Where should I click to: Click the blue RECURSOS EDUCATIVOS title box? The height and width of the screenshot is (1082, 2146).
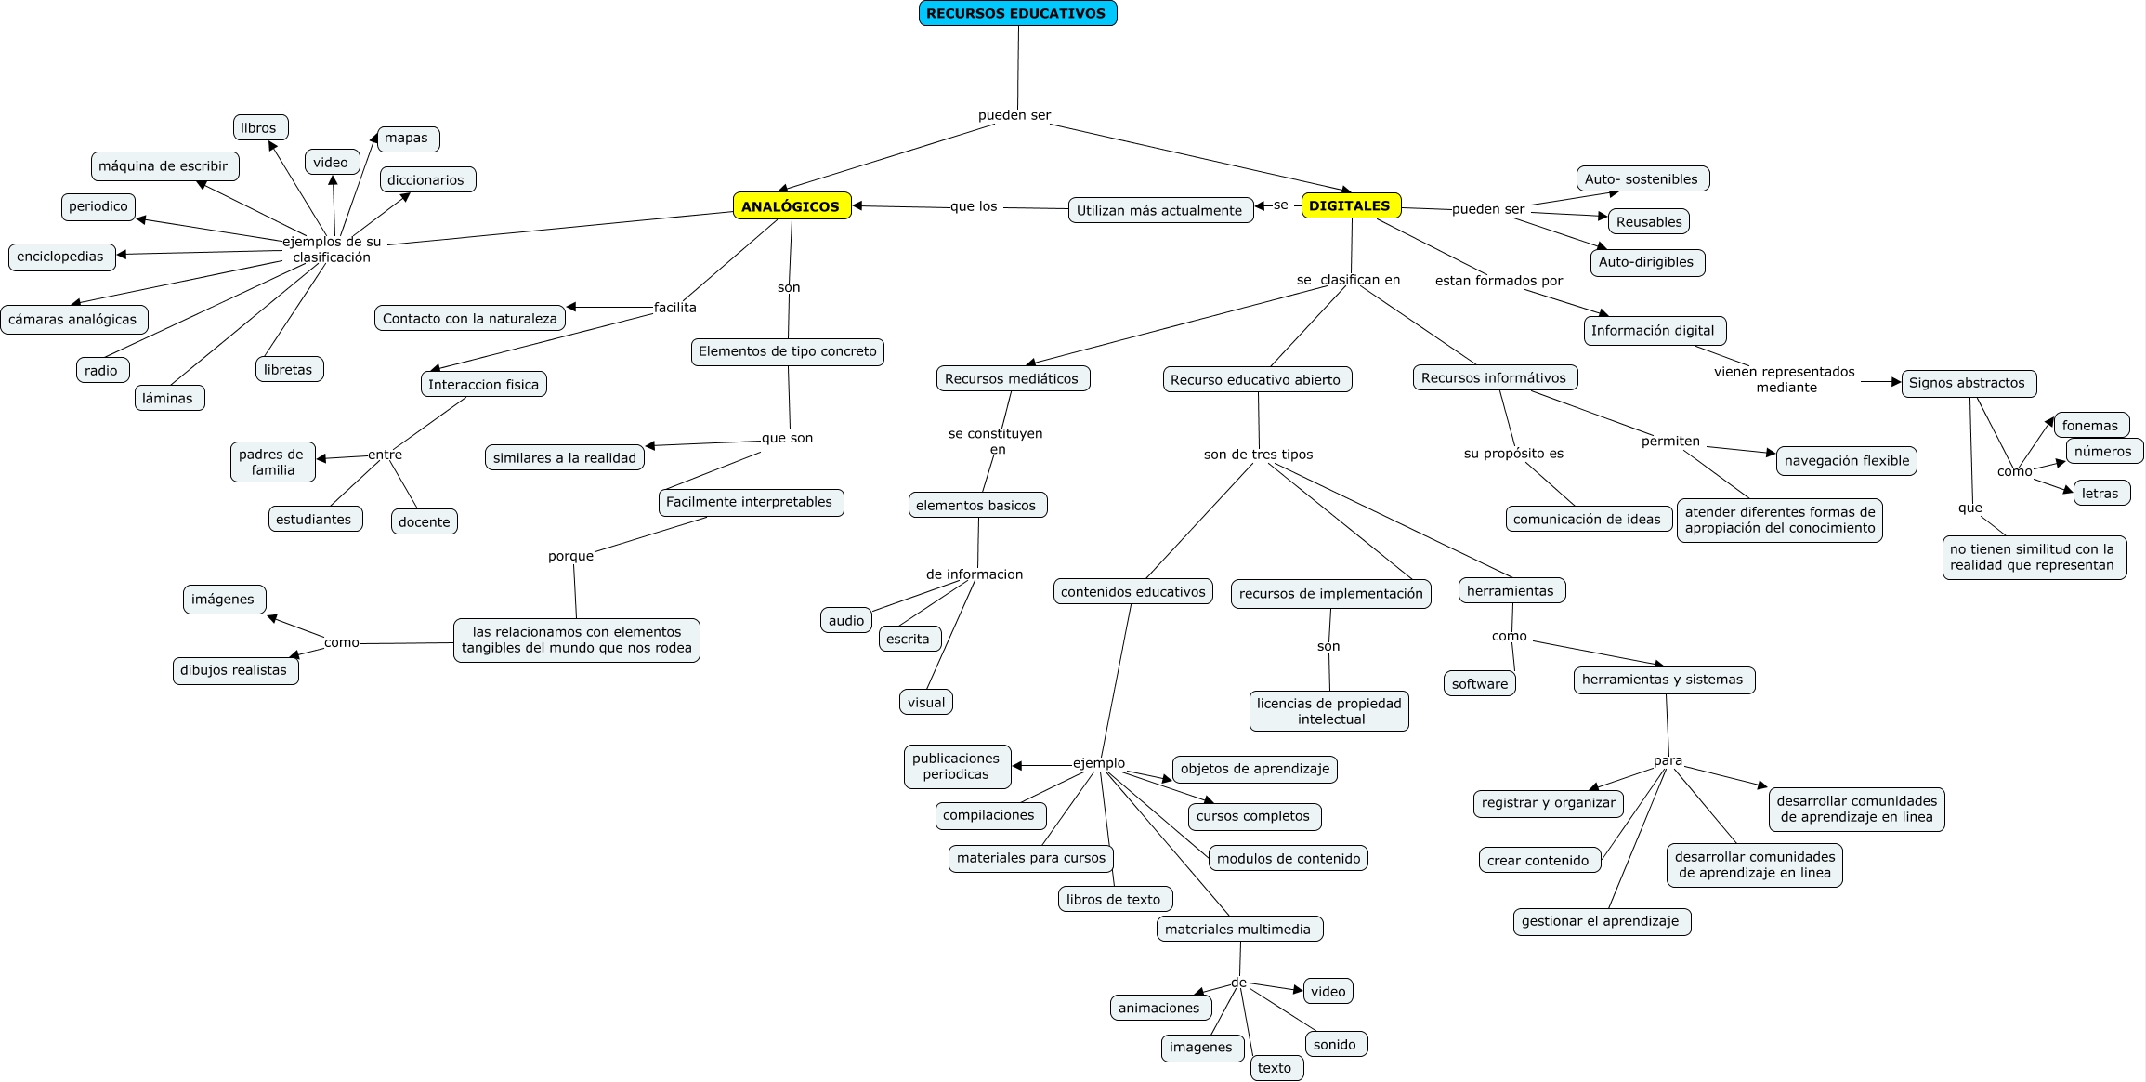coord(1017,13)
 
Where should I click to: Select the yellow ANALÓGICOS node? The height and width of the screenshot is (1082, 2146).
coord(792,206)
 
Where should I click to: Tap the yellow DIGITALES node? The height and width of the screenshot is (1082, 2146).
coord(1350,205)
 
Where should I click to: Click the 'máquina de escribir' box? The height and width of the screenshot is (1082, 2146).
coord(164,166)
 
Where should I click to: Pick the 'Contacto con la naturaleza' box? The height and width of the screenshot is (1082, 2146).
coord(470,318)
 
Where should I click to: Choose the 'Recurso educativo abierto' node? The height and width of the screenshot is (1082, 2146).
coord(1256,379)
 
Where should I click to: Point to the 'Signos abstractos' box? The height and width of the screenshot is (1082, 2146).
coord(1968,383)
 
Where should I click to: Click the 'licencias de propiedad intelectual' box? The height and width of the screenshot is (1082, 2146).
coord(1329,711)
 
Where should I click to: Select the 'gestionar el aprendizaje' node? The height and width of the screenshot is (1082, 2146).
coord(1601,921)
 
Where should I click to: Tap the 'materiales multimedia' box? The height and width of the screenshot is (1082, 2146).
coord(1239,929)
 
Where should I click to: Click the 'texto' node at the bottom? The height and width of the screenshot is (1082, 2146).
coord(1276,1068)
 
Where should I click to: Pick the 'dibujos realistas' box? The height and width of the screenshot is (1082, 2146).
coord(234,670)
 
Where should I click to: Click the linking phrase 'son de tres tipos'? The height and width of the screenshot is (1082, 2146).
coord(1258,455)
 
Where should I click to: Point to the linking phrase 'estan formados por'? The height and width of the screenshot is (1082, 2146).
coord(1498,281)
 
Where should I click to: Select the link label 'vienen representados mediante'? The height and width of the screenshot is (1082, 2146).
coord(1785,379)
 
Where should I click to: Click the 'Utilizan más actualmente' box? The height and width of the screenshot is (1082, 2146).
coord(1159,210)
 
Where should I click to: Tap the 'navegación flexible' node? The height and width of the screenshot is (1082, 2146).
coord(1847,461)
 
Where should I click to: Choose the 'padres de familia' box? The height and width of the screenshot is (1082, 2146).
coord(272,462)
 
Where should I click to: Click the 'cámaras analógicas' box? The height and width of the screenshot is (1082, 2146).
coord(73,320)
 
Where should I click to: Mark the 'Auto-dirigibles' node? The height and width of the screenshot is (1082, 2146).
coord(1646,262)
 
